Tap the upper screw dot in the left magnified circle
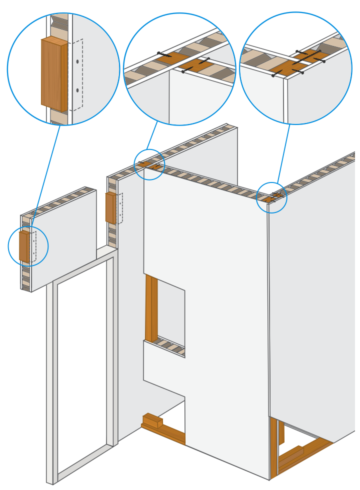(77, 61)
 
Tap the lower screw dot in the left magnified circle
(77, 90)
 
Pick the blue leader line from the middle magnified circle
(152, 136)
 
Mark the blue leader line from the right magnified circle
(283, 152)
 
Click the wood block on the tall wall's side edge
(110, 207)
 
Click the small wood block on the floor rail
(152, 421)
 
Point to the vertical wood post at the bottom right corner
(273, 447)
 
